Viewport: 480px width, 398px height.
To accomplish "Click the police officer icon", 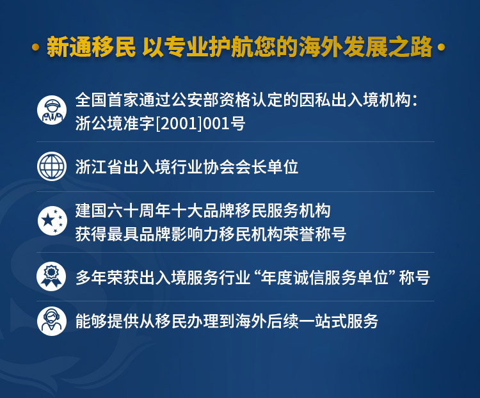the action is pyautogui.click(x=52, y=110).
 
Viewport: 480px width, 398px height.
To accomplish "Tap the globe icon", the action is pyautogui.click(x=52, y=166).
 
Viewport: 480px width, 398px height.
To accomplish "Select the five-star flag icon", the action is pyautogui.click(x=52, y=221).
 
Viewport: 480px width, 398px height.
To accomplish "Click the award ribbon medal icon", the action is pyautogui.click(x=51, y=276).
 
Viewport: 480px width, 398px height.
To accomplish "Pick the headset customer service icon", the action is pyautogui.click(x=52, y=321).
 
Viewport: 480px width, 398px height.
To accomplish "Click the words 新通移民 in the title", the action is pyautogui.click(x=91, y=47).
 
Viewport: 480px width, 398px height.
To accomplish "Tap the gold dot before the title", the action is pyautogui.click(x=36, y=47).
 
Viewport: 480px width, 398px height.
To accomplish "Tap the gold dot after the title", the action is pyautogui.click(x=441, y=47).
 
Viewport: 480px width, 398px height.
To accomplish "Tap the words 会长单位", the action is pyautogui.click(x=266, y=167).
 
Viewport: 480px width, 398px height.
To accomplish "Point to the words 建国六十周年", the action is pyautogui.click(x=123, y=211).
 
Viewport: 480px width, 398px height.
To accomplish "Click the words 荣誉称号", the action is pyautogui.click(x=314, y=234).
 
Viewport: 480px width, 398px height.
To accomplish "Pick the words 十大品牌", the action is pyautogui.click(x=203, y=211).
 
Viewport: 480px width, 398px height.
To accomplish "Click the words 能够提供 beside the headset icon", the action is pyautogui.click(x=107, y=321).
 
